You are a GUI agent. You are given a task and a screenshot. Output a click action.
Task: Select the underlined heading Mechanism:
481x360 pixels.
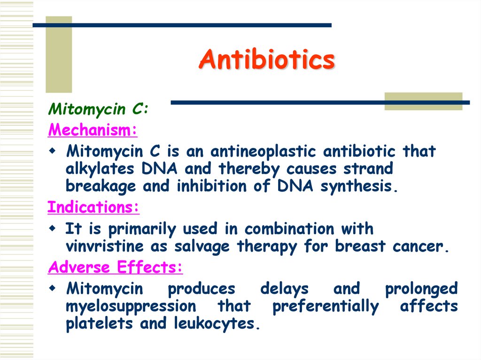(93, 130)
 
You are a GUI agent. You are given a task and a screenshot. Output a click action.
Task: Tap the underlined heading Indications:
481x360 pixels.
(93, 207)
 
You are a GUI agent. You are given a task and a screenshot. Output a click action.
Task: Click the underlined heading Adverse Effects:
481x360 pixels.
(116, 268)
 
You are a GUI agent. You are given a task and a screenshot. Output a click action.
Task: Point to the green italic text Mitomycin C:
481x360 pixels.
(99, 110)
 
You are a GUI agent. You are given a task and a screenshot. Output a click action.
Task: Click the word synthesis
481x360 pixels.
(359, 186)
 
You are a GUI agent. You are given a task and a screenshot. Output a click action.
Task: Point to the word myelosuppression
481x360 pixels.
(131, 306)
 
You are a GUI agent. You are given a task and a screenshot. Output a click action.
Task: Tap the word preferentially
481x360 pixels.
(325, 306)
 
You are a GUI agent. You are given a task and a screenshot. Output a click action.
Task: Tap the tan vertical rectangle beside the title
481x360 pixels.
(59, 54)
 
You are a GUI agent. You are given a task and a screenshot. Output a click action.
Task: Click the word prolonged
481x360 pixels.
(421, 289)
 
